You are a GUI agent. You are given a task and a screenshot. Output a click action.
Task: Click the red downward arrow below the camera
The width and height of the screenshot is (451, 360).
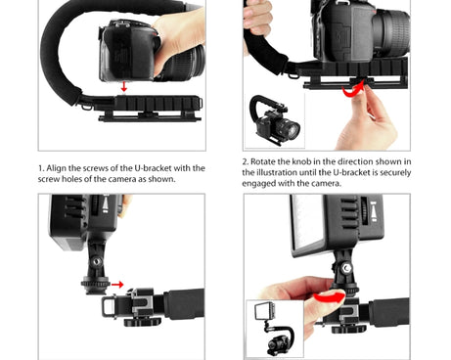click(x=123, y=86)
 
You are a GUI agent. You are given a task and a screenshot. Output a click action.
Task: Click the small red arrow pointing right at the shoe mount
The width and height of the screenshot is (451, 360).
click(x=117, y=285)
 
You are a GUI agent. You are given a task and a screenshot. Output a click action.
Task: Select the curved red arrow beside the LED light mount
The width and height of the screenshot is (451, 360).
click(x=330, y=296)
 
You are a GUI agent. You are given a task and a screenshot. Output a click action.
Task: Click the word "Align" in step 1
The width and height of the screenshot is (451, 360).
click(x=56, y=168)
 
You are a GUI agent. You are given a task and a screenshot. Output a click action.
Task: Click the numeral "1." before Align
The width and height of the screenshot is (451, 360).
click(x=41, y=168)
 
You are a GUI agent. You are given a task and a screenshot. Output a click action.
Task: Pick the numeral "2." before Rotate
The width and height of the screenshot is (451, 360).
click(x=246, y=161)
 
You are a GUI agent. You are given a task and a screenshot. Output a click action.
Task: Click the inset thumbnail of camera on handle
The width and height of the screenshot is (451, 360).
click(x=275, y=120)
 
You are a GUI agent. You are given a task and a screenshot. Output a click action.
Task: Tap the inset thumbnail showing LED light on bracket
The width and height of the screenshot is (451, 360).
click(x=275, y=329)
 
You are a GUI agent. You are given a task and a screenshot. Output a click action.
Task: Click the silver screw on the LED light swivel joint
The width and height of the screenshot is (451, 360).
click(x=345, y=268)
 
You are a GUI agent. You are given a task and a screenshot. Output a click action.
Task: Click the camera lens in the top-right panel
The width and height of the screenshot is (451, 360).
click(x=390, y=32)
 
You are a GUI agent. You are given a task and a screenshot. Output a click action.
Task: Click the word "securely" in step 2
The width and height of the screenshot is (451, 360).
click(x=395, y=173)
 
